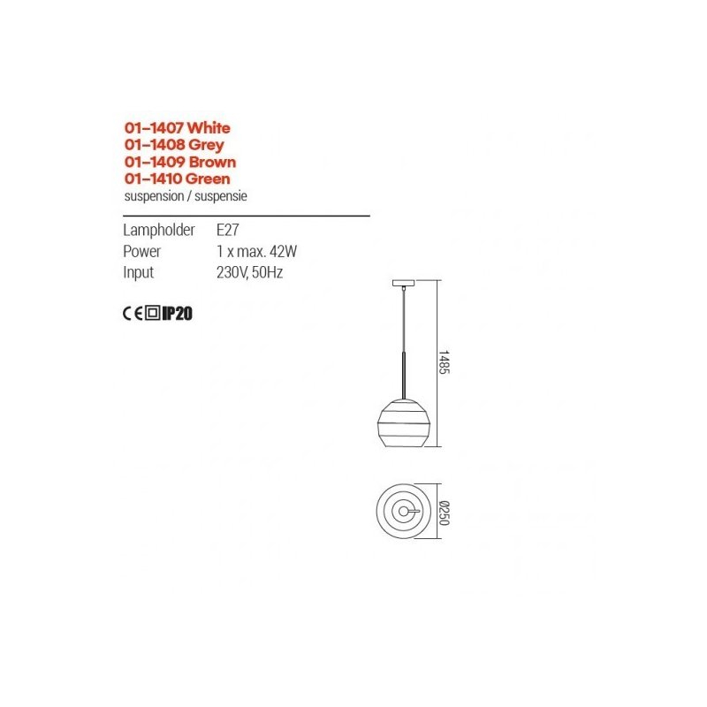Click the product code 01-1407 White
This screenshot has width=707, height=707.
(x=178, y=128)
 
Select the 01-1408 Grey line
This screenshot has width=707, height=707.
(x=174, y=145)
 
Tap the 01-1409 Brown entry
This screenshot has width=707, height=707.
(x=180, y=162)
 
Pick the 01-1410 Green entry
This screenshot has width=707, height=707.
(x=178, y=179)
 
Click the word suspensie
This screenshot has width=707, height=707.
(x=221, y=196)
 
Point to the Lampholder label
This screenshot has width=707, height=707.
(x=159, y=230)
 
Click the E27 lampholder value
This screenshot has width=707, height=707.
(x=228, y=230)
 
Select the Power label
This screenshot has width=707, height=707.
(x=141, y=251)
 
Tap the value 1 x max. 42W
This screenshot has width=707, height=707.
(x=256, y=251)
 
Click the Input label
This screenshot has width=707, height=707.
(x=139, y=273)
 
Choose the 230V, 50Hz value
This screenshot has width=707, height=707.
(x=250, y=273)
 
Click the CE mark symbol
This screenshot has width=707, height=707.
(x=133, y=314)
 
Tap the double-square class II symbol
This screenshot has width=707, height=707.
(x=153, y=313)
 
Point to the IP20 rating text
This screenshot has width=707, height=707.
(x=178, y=314)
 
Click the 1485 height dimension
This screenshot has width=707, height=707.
(x=445, y=362)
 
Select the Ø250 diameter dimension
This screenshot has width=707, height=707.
(x=445, y=513)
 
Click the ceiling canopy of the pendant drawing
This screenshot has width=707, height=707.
(x=404, y=283)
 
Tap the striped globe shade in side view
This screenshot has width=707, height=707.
(x=404, y=423)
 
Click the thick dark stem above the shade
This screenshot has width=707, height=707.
(x=404, y=375)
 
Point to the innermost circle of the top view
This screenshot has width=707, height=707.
(x=407, y=512)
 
